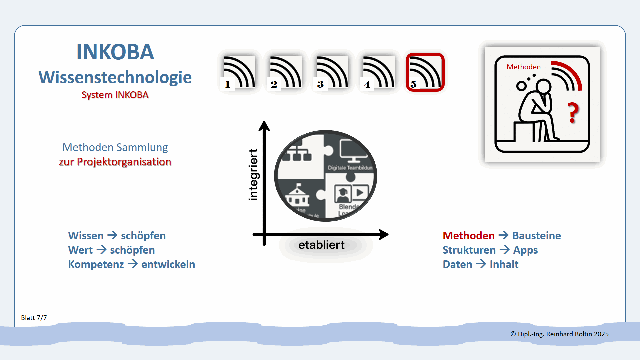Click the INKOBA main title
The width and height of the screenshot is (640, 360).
pos(115,52)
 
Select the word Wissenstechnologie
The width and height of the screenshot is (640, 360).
pos(115,77)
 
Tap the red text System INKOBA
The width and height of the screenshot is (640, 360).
pos(115,95)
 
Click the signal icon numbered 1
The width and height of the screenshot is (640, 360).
pos(239,72)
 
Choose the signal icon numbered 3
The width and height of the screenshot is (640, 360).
pos(332,72)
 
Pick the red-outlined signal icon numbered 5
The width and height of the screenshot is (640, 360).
pos(425,72)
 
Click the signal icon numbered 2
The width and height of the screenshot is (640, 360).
pos(285,72)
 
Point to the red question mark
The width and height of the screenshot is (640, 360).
pos(573,113)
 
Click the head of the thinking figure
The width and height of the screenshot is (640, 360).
pos(543,86)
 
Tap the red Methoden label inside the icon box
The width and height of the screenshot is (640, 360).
pos(523,67)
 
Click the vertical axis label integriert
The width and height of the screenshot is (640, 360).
pos(253,175)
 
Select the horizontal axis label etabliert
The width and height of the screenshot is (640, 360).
pos(321,245)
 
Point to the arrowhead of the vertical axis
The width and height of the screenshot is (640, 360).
pos(264,126)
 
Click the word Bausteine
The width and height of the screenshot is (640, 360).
pos(536,236)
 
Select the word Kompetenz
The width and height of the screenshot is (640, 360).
pos(96,264)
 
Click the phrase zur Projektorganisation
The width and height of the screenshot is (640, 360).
pos(115,162)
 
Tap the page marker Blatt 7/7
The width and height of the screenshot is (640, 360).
pos(34,318)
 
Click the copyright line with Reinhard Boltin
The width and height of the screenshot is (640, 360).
pos(559,334)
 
